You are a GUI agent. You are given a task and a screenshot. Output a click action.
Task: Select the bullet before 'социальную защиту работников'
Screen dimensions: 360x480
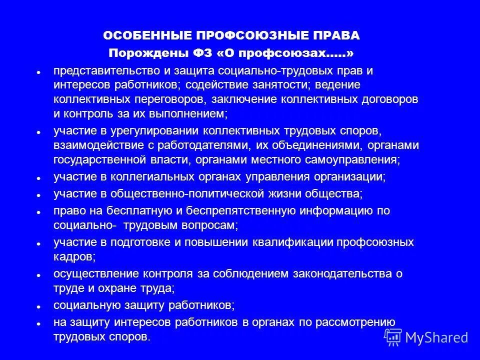38,305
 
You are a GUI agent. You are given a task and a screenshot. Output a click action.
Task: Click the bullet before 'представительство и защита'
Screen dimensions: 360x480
38,71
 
